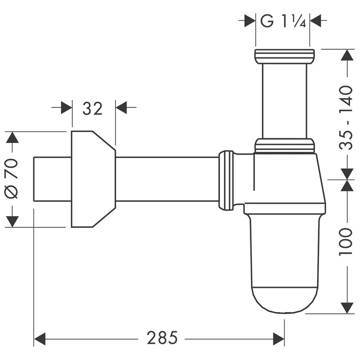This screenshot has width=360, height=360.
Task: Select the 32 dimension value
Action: tap(93, 108)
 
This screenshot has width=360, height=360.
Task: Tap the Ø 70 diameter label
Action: tap(12, 179)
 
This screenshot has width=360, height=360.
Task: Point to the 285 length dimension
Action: tap(162, 338)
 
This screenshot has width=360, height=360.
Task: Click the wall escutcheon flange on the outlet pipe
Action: tap(92, 179)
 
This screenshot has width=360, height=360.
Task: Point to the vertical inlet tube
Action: tap(284, 101)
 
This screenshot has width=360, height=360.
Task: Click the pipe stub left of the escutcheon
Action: tap(52, 179)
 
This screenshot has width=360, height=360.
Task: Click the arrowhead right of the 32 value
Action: tap(121, 108)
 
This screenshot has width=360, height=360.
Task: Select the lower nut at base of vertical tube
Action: tap(284, 146)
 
